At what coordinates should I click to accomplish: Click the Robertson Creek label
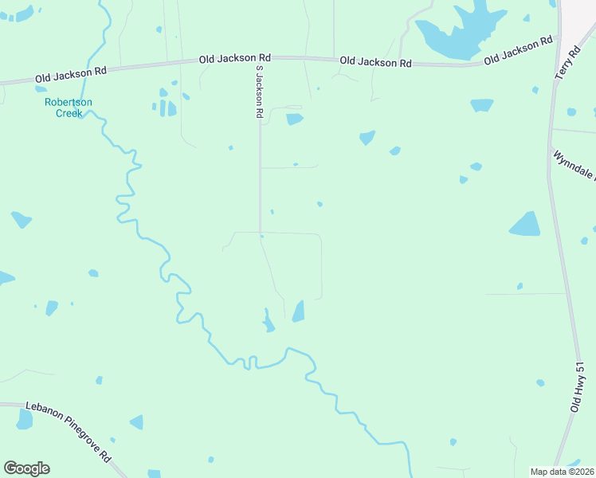coord(69,108)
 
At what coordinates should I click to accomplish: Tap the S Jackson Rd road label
coord(259,92)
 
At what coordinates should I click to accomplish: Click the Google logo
coord(26,468)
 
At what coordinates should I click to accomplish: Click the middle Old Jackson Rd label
coord(235,58)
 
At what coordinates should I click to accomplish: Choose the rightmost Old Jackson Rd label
coord(518,49)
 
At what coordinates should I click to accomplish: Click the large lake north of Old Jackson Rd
coord(458,32)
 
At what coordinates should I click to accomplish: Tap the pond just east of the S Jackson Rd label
coord(295,119)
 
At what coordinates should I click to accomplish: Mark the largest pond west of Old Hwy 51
coord(524,225)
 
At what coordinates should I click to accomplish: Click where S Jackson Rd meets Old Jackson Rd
coord(259,57)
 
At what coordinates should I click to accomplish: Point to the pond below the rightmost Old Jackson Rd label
coord(481,104)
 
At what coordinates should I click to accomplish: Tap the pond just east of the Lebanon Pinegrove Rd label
coord(136,422)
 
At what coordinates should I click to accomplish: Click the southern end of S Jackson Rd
coord(261,233)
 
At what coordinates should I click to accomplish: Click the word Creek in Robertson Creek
coord(69,113)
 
